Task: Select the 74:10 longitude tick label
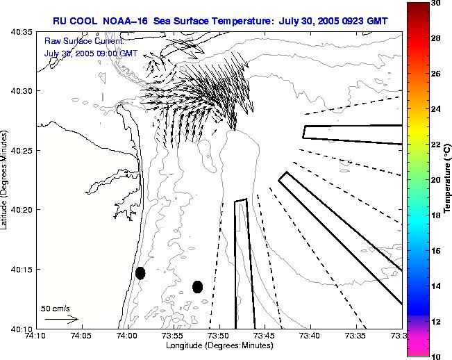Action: pyautogui.click(x=35, y=335)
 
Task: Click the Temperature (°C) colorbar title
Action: pyautogui.click(x=449, y=180)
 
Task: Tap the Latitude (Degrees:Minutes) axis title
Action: pyautogui.click(x=4, y=180)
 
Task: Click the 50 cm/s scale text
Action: pyautogui.click(x=56, y=308)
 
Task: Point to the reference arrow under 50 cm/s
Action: pyautogui.click(x=61, y=319)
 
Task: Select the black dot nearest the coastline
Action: pyautogui.click(x=140, y=273)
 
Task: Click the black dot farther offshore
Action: pyautogui.click(x=197, y=286)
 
